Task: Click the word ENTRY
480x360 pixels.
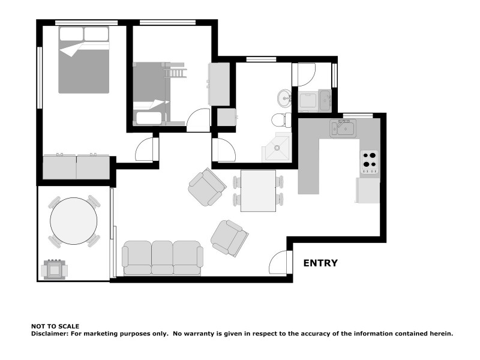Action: (x=320, y=263)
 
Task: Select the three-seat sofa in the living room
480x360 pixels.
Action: (x=162, y=258)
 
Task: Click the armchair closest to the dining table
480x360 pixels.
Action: (x=206, y=187)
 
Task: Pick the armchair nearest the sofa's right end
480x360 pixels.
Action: (x=229, y=238)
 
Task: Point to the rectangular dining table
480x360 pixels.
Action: (x=258, y=190)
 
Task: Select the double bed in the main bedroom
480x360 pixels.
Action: (x=83, y=60)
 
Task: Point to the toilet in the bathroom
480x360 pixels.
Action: (x=281, y=120)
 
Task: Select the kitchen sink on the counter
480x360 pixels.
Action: (x=342, y=128)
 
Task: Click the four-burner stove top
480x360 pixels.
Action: (x=370, y=161)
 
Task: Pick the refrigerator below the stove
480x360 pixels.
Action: (x=368, y=190)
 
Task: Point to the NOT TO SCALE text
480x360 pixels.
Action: (x=55, y=326)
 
